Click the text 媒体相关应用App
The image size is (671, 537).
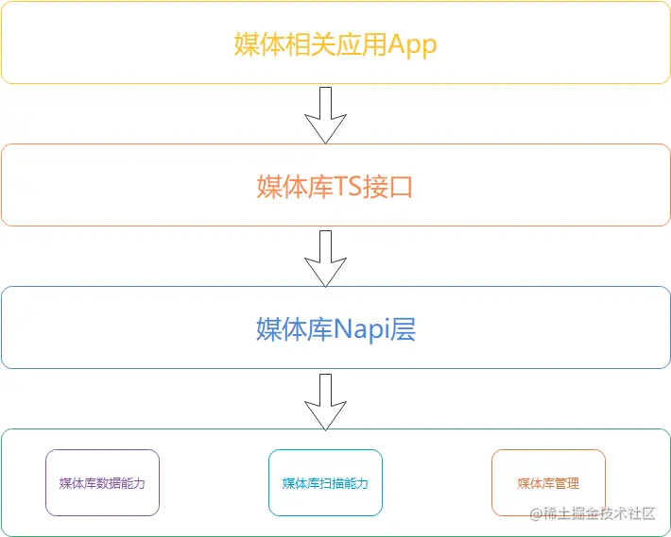point(335,44)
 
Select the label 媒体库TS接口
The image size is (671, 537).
point(335,187)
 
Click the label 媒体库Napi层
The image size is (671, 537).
point(335,329)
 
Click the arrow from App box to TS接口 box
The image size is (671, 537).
point(326,115)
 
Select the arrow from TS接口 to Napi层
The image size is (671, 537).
point(326,258)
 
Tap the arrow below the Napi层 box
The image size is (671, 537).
point(326,401)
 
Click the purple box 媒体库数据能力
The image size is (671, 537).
point(102,483)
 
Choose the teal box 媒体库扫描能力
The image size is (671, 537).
point(325,483)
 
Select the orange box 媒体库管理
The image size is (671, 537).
point(548,483)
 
